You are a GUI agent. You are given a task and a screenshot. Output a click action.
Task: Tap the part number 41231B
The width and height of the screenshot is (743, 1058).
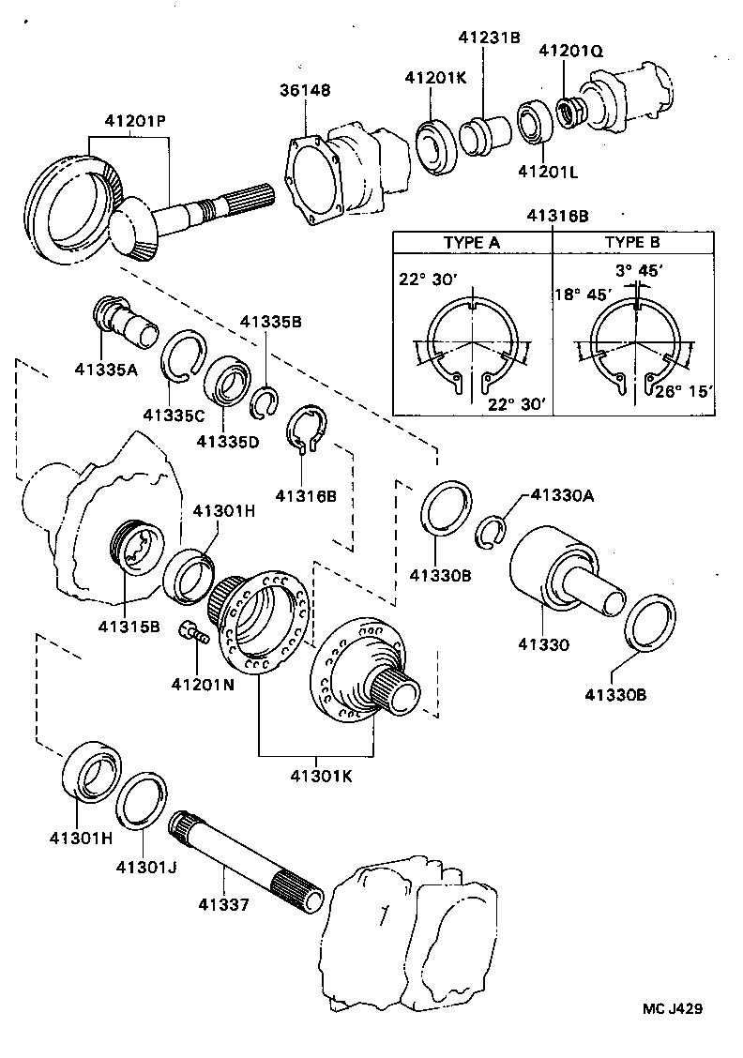tap(489, 38)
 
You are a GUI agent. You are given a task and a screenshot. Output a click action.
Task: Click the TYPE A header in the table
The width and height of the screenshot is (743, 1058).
tap(472, 241)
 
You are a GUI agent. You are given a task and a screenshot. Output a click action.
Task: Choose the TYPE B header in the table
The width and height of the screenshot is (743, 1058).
tap(631, 241)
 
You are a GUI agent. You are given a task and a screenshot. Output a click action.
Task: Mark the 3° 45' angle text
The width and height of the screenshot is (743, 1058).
tap(640, 270)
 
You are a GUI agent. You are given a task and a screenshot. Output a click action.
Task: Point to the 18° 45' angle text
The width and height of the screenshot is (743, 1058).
tap(583, 293)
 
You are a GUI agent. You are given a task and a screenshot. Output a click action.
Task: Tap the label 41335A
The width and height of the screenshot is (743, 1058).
tap(106, 369)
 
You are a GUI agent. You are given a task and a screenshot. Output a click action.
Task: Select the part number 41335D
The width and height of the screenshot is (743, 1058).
tap(227, 441)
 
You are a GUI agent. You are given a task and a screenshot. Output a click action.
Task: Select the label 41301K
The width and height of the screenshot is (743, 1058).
tap(321, 775)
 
